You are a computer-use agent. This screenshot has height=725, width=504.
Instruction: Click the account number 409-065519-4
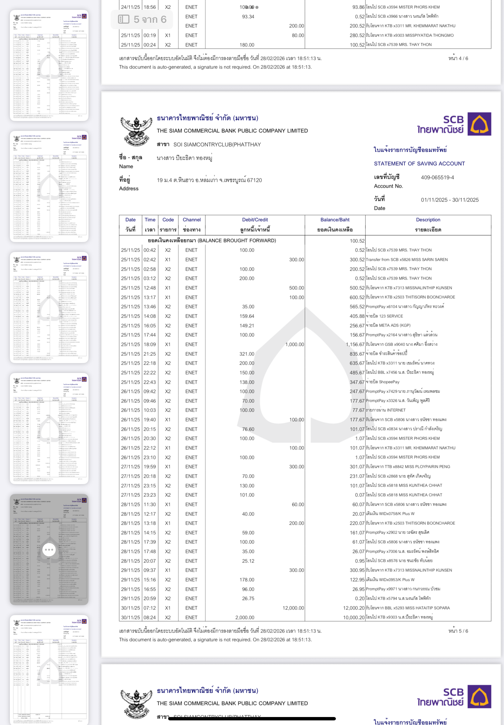437,177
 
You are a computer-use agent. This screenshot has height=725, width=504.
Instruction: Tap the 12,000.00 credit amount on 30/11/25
293,608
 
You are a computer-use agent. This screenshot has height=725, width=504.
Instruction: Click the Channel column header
191,220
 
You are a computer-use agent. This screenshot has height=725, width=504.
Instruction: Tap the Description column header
427,220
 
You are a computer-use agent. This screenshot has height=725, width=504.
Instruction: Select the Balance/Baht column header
335,220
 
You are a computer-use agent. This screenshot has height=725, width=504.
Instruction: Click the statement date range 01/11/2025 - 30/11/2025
449,200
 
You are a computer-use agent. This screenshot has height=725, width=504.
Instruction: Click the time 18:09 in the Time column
150,344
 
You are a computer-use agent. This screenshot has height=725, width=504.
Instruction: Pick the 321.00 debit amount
247,354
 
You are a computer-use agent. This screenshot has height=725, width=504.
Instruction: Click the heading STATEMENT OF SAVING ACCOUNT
419,163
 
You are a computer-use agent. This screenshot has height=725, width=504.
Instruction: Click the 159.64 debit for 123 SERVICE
247,316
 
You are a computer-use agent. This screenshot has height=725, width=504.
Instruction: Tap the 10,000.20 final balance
354,617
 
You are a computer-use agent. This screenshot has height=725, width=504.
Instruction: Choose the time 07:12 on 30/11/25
150,608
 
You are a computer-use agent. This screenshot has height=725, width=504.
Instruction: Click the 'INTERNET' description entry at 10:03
396,410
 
